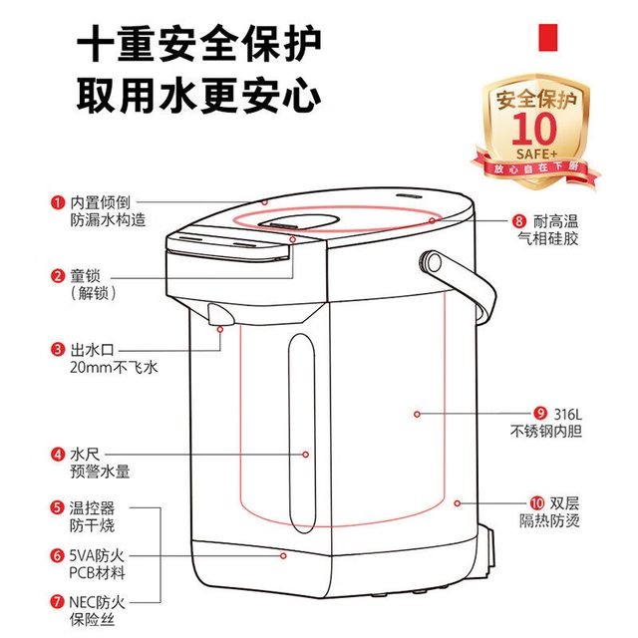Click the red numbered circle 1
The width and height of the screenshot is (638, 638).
pyautogui.click(x=58, y=202)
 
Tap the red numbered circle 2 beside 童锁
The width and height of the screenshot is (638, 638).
pyautogui.click(x=58, y=276)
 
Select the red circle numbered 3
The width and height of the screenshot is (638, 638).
pyautogui.click(x=58, y=350)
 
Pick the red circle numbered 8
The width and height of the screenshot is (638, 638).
pyautogui.click(x=518, y=221)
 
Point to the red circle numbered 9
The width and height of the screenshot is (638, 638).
pyautogui.click(x=540, y=414)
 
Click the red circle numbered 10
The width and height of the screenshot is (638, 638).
pyautogui.click(x=537, y=503)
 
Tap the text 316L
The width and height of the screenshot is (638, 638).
pyautogui.click(x=568, y=415)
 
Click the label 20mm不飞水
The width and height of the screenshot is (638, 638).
pyautogui.click(x=114, y=368)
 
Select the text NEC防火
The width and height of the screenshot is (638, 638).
pyautogui.click(x=97, y=602)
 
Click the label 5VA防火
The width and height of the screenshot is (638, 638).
pyautogui.click(x=97, y=555)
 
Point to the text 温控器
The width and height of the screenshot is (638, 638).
pyautogui.click(x=92, y=507)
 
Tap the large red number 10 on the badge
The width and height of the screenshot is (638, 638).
pyautogui.click(x=534, y=129)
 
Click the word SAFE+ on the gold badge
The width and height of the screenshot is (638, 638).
pyautogui.click(x=536, y=155)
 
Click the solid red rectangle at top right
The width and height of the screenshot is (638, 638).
pyautogui.click(x=548, y=38)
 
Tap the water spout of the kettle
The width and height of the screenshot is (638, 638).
pyautogui.click(x=221, y=314)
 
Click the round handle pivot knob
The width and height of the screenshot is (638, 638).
pyautogui.click(x=432, y=262)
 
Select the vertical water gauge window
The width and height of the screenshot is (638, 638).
pyautogui.click(x=302, y=434)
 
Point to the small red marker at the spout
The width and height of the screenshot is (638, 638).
pyautogui.click(x=220, y=329)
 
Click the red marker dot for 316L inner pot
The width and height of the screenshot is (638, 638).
pyautogui.click(x=417, y=414)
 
